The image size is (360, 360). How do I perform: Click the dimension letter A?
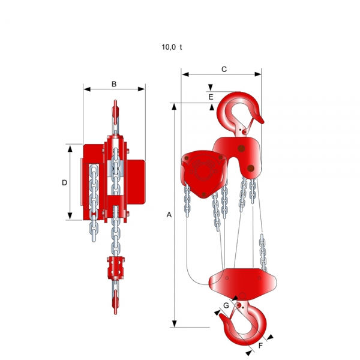(x=169, y=215)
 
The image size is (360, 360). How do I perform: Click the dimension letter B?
(x=114, y=84)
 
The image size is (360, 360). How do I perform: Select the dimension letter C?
(x=224, y=70)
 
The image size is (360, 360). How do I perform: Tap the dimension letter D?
(x=65, y=182)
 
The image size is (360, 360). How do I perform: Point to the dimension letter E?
(x=211, y=97)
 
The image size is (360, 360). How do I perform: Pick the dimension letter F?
(x=260, y=346)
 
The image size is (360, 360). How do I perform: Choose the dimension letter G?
(x=226, y=305)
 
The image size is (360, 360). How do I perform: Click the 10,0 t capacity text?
(x=172, y=47)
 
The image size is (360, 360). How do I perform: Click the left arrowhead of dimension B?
(x=87, y=89)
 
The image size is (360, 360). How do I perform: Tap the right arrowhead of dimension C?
(x=258, y=74)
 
